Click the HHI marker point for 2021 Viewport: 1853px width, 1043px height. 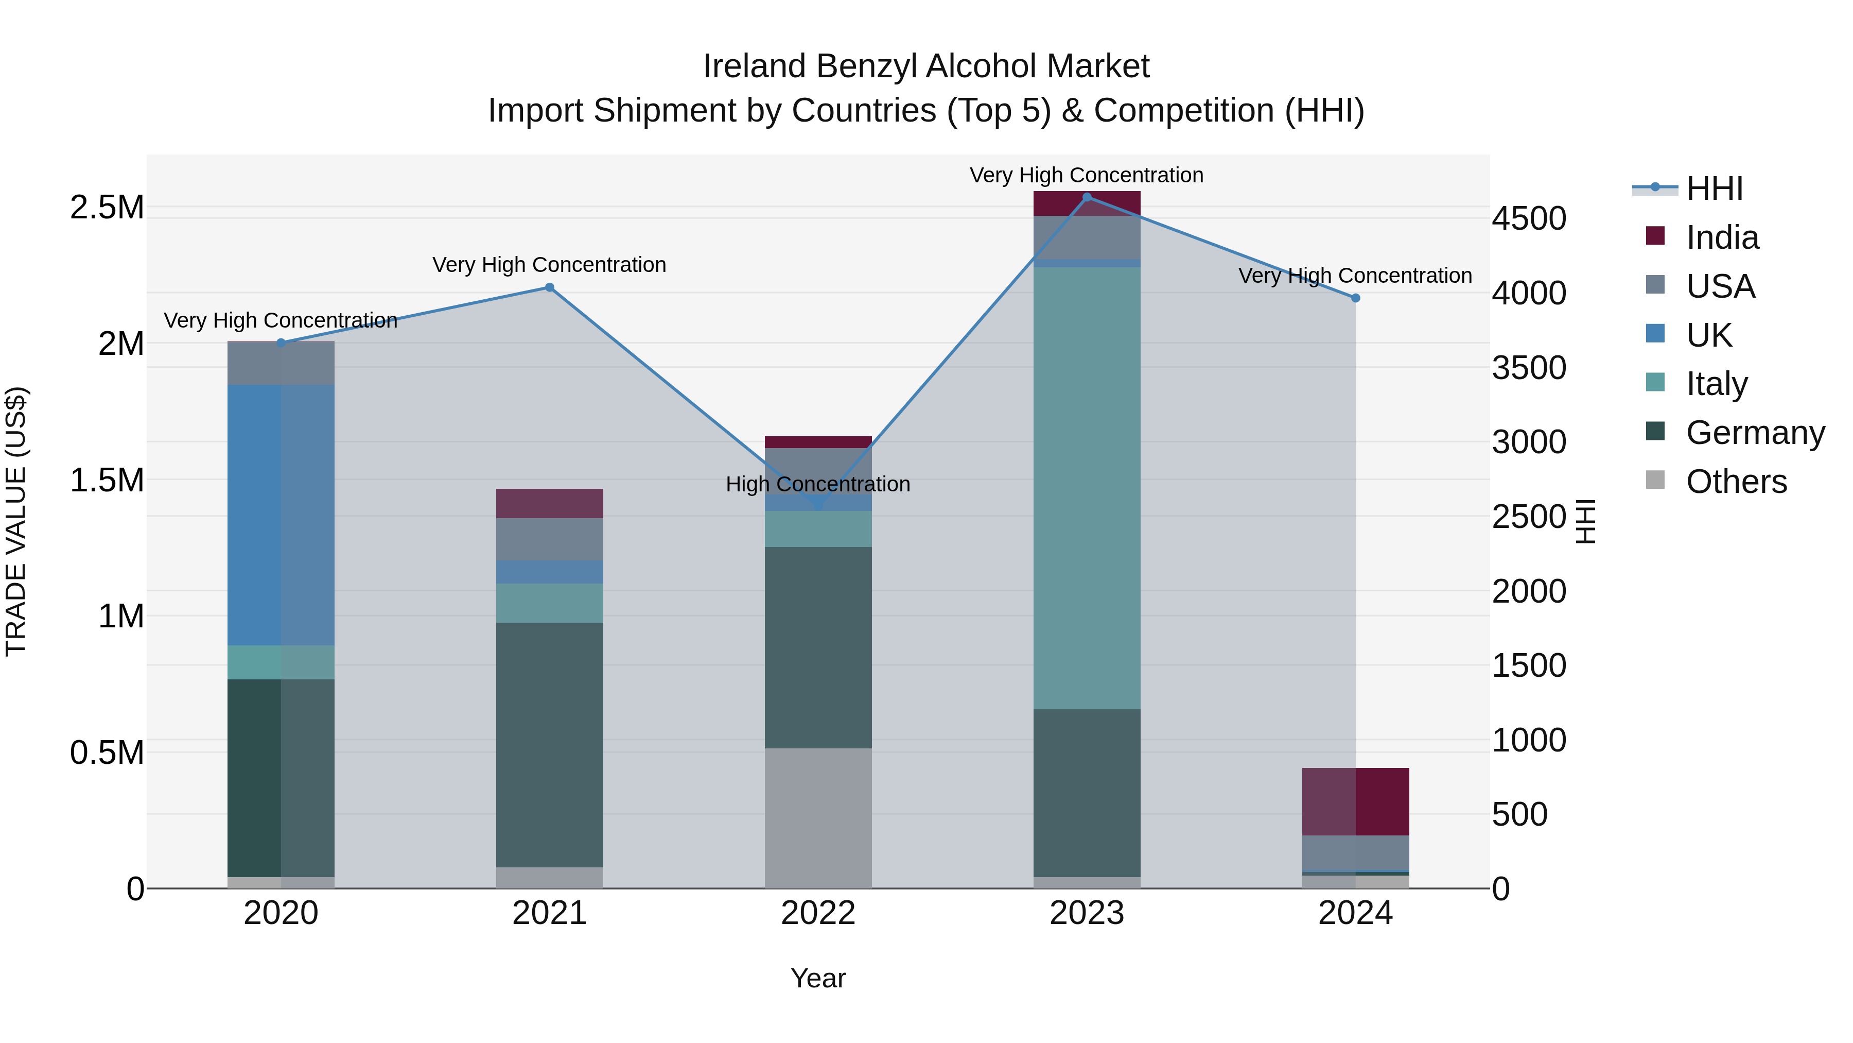[x=550, y=287]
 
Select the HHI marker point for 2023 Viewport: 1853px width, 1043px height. [x=1087, y=197]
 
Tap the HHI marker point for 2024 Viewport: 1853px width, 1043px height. [x=1355, y=298]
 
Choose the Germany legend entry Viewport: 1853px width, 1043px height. [x=1755, y=433]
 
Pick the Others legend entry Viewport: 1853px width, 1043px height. [x=1736, y=482]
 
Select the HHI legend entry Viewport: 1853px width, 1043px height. [x=1714, y=189]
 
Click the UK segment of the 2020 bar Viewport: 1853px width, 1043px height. [x=281, y=515]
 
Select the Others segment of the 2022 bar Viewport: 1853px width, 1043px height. [x=818, y=818]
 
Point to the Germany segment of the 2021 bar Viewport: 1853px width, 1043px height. [x=550, y=744]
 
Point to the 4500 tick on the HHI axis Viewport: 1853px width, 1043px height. [x=1529, y=219]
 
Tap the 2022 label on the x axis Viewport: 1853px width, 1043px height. [x=818, y=913]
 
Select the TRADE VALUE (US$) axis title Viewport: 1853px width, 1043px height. [x=16, y=521]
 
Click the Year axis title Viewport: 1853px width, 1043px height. [x=818, y=978]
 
